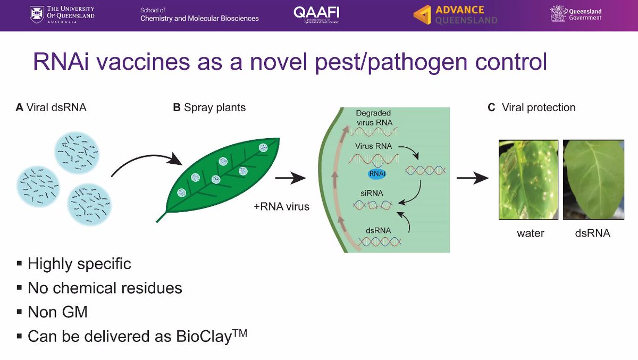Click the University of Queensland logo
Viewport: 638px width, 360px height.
coord(62,15)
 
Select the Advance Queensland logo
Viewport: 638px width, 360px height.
coord(455,15)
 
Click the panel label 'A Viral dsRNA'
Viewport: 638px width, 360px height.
coord(51,107)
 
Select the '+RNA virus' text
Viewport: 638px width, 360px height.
coord(281,206)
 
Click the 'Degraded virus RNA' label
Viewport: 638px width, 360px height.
coord(374,118)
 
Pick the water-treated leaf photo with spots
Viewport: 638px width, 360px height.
coord(528,179)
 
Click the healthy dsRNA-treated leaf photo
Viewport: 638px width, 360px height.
coord(593,179)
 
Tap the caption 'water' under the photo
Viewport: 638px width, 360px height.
coord(531,233)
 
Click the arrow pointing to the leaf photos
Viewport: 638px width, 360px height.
coord(473,179)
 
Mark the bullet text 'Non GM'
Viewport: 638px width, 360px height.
coord(57,312)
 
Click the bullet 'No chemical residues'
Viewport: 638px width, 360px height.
coord(105,288)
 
